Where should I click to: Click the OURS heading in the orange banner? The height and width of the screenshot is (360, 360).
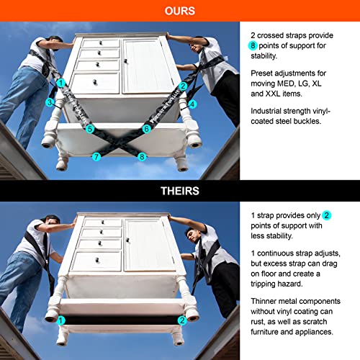[180, 11]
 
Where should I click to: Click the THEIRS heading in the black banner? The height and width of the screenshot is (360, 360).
[180, 191]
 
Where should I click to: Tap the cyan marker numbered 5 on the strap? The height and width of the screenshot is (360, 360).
[90, 129]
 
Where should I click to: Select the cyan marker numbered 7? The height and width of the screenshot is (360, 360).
[96, 157]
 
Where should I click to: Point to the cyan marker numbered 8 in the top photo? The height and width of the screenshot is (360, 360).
[142, 157]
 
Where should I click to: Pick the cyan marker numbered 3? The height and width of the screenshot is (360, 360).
[50, 102]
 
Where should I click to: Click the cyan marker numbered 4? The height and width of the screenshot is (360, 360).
[192, 104]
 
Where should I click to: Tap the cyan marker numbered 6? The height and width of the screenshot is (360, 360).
[146, 129]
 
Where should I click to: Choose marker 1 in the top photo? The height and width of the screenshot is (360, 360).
[61, 84]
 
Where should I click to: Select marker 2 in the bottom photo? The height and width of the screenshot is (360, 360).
[182, 320]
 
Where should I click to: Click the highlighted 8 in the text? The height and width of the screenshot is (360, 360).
[253, 45]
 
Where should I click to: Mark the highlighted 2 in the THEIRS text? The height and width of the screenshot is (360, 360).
[326, 215]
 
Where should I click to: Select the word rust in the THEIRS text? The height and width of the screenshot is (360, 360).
[258, 322]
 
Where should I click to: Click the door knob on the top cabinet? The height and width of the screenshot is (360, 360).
[125, 61]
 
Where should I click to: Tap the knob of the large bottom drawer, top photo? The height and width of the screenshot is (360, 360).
[95, 82]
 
